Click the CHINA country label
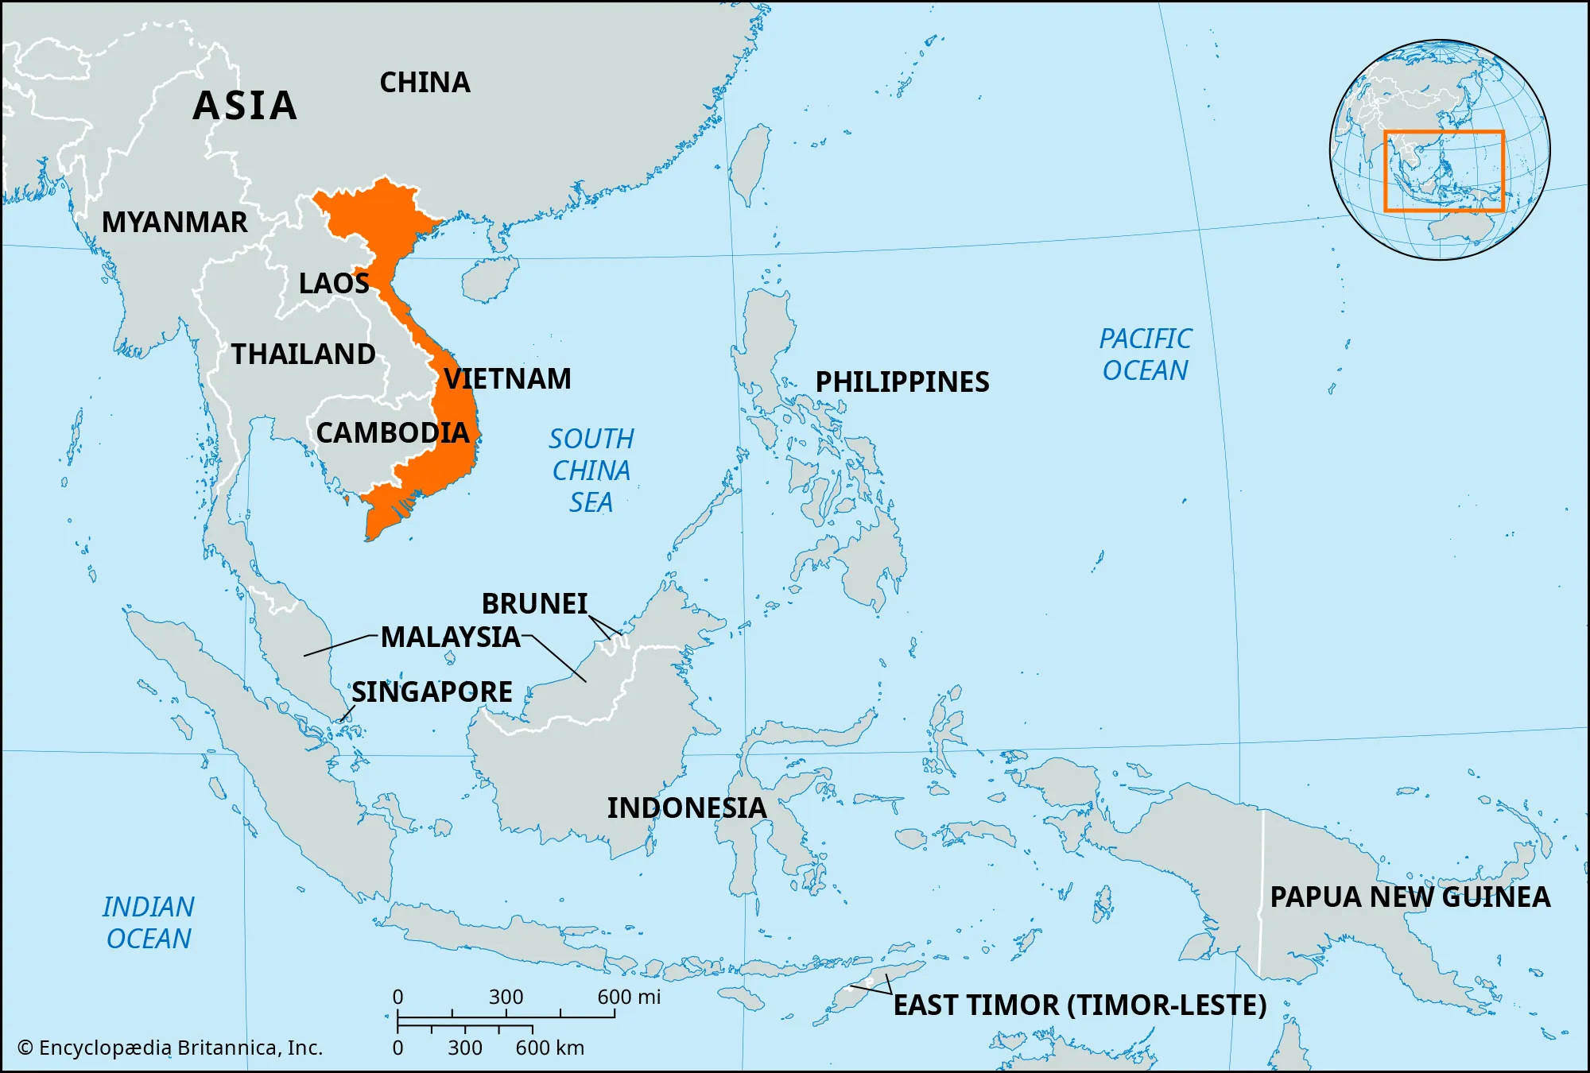[x=425, y=83]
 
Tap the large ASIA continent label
[x=245, y=106]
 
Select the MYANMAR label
[x=175, y=223]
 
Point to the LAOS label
[x=334, y=284]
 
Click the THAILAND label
[x=303, y=354]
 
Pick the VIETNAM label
[x=507, y=379]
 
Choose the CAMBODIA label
[x=393, y=433]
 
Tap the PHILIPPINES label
[x=902, y=382]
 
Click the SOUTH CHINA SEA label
[x=591, y=471]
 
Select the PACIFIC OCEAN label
[x=1145, y=354]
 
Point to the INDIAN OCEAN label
[x=149, y=923]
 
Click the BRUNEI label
[x=534, y=604]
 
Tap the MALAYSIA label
[x=451, y=637]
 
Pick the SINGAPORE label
[x=432, y=692]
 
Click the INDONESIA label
[x=687, y=808]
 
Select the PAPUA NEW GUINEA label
[x=1410, y=897]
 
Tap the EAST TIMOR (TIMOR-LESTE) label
[x=1080, y=1005]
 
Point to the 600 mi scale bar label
[x=629, y=997]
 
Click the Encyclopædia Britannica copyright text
[x=170, y=1048]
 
